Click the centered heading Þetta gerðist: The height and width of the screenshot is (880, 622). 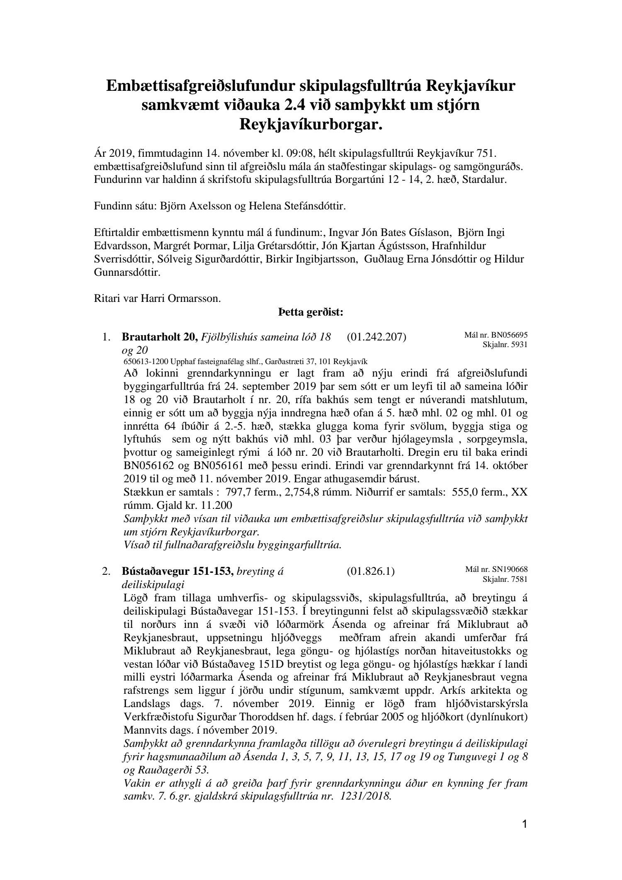click(x=311, y=312)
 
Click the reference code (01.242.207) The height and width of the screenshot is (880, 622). click(x=376, y=337)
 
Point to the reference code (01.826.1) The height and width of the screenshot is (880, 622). click(x=370, y=571)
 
